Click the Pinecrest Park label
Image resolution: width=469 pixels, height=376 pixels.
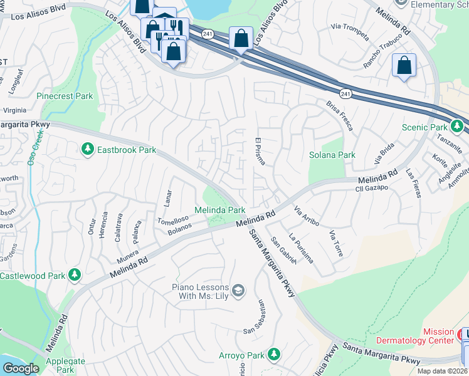tap(65, 97)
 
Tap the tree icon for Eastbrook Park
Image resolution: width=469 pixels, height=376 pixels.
tap(87, 149)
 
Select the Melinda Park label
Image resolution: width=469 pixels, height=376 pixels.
tap(219, 210)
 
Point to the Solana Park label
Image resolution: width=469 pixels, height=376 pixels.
tap(332, 155)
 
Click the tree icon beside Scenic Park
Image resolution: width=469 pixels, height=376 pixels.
tap(457, 127)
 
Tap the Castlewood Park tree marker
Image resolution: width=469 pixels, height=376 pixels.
tap(75, 275)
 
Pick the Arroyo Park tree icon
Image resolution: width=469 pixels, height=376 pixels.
tap(273, 355)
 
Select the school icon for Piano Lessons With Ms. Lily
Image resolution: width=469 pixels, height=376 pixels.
tap(238, 290)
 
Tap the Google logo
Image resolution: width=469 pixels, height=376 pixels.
tap(21, 368)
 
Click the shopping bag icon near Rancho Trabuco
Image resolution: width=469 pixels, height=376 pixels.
tap(404, 65)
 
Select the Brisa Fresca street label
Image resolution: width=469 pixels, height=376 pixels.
tap(340, 115)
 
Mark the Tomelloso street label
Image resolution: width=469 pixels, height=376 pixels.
tap(172, 219)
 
